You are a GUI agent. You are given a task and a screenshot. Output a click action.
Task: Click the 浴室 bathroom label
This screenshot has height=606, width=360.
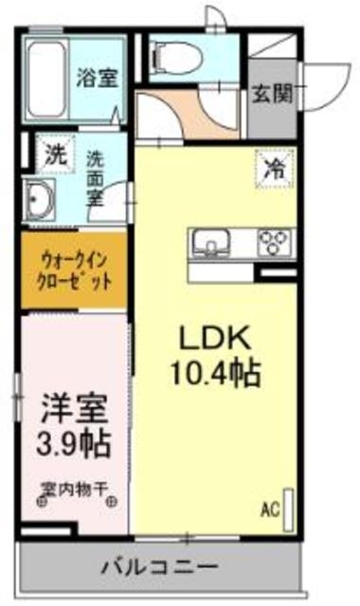(x=97, y=79)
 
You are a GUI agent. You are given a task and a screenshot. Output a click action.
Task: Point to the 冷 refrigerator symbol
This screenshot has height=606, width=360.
(x=273, y=170)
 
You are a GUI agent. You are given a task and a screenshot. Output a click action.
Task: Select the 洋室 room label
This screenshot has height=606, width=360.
(x=73, y=410)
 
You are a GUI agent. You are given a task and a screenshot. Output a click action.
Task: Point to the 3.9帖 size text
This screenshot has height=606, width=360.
(x=74, y=442)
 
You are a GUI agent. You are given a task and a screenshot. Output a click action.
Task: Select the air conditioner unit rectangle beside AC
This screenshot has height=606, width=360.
(x=289, y=505)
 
